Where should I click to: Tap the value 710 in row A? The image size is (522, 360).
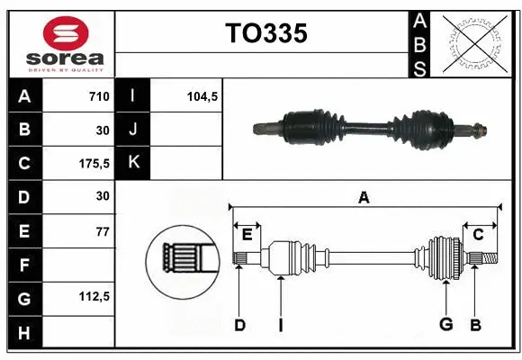point(99,96)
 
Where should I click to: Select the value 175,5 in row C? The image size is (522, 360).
point(94,163)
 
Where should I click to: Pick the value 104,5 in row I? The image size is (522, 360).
point(203,96)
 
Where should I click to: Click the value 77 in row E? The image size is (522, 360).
point(102,231)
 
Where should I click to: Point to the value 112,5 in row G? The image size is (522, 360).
point(94,297)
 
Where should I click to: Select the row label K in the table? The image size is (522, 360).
point(133,163)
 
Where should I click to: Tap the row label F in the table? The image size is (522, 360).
point(24,265)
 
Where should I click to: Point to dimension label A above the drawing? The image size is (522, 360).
point(364,197)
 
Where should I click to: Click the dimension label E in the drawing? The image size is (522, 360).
point(247,234)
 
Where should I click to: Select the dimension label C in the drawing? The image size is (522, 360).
point(478,234)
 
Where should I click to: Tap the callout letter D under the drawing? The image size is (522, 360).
point(239,325)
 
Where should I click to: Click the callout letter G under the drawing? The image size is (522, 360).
point(445,325)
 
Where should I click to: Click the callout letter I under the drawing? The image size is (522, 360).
point(281,325)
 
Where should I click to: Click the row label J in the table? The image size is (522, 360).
point(133,130)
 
